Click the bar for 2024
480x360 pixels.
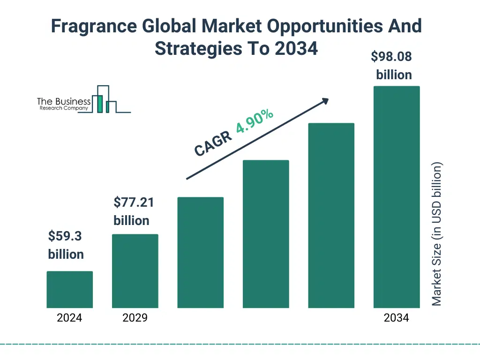69,289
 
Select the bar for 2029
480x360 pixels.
135,271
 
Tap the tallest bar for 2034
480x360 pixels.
396,197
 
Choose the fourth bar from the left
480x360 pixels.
266,234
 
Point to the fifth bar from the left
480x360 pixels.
331,215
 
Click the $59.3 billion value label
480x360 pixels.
66,245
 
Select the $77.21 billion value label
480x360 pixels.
133,211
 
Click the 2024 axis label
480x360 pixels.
69,318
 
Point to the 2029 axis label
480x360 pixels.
135,318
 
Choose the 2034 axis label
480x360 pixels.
396,318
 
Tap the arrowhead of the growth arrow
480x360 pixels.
325,100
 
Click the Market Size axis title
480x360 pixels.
437,234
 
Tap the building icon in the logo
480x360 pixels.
105,99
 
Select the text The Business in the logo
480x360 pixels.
64,101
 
